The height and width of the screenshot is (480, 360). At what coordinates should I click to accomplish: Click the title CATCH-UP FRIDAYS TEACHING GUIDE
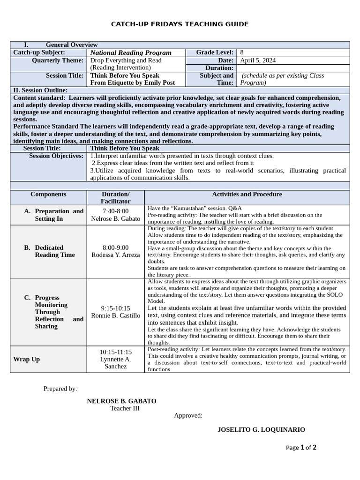point(180,24)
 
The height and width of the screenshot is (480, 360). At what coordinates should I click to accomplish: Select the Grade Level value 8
point(241,52)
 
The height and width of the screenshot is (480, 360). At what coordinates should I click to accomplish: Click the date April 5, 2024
point(258,60)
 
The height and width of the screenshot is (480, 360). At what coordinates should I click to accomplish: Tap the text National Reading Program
point(131,53)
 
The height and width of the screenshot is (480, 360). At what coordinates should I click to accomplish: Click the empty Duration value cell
point(293,68)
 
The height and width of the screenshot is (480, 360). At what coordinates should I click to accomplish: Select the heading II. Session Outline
point(40,90)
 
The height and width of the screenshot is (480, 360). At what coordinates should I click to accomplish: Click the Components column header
point(48,194)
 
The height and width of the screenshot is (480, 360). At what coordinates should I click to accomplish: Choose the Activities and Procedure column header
point(247,194)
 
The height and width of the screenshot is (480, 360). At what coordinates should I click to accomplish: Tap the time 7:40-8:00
point(115,211)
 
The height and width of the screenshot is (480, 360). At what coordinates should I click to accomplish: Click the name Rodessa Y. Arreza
point(115,255)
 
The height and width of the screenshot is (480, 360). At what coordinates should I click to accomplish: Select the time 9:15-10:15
point(115,308)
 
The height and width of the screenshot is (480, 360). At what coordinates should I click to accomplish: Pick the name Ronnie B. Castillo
point(115,315)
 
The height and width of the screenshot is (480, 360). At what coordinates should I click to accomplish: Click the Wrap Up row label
point(26,359)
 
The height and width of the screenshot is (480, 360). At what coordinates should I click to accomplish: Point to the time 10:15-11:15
point(115,352)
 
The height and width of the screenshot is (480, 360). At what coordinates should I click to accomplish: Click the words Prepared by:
point(60,389)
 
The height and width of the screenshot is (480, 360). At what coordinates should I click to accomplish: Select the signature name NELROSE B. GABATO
point(121,401)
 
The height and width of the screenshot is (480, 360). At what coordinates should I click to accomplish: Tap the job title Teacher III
point(125,408)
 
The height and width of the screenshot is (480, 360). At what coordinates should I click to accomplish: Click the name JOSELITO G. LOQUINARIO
point(261,430)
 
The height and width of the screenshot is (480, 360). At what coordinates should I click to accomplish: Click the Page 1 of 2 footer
point(301,448)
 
